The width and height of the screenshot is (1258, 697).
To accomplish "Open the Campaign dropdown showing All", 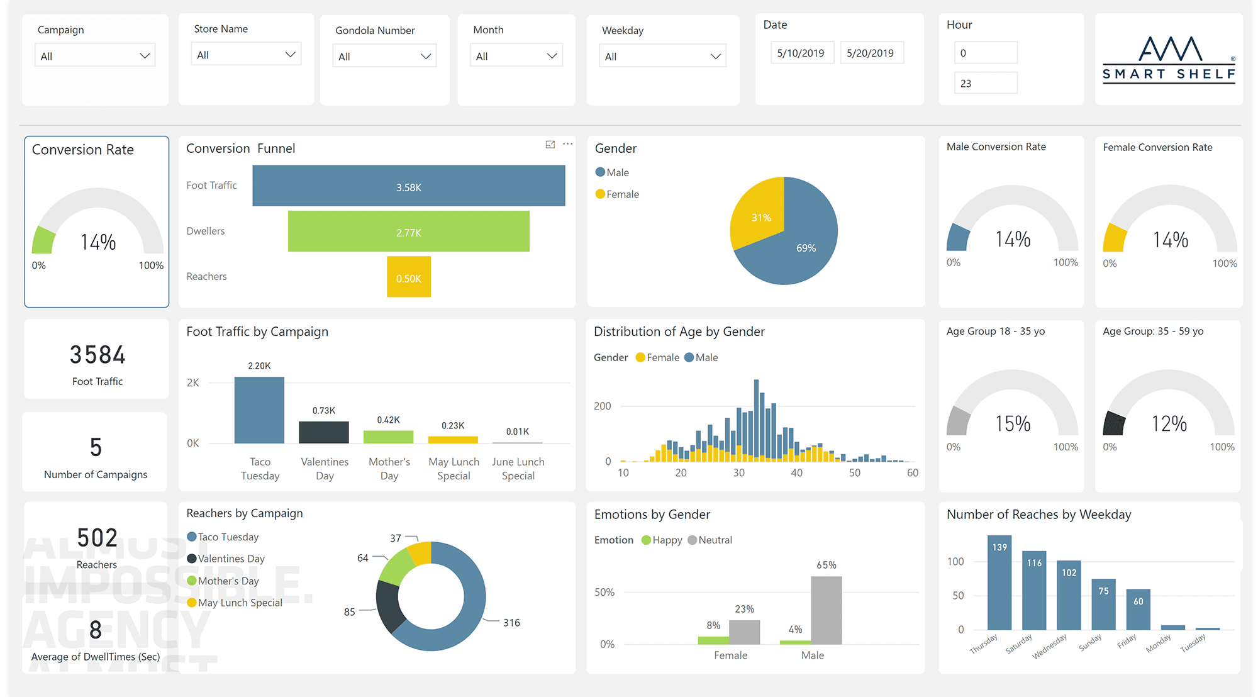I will click(x=94, y=56).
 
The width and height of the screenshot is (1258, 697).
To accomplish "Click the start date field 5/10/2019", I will click(x=801, y=53).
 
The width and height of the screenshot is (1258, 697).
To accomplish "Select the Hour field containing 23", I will click(x=985, y=83).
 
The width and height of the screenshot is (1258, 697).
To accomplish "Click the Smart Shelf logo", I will click(x=1169, y=60).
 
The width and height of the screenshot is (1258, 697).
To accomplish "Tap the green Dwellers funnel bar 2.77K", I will click(x=408, y=231).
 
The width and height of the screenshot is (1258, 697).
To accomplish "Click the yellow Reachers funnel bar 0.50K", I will click(x=408, y=277).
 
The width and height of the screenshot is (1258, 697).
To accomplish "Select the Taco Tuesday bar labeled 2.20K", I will click(x=259, y=410).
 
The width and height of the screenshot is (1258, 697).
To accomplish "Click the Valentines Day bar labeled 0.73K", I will click(x=324, y=432).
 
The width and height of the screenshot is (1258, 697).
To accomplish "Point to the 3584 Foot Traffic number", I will click(x=97, y=355).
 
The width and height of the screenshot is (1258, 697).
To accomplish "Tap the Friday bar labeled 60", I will click(x=1138, y=609).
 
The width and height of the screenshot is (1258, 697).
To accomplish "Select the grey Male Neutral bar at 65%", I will click(x=826, y=610).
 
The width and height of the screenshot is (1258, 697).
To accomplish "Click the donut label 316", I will click(x=511, y=623).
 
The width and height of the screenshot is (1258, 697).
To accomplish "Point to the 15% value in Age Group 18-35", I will click(x=1013, y=423).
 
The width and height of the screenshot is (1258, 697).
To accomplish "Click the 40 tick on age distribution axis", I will click(x=796, y=473).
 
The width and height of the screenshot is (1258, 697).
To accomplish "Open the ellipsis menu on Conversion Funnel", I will click(x=567, y=144).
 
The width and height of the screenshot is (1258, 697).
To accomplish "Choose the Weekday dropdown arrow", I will click(x=715, y=57).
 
